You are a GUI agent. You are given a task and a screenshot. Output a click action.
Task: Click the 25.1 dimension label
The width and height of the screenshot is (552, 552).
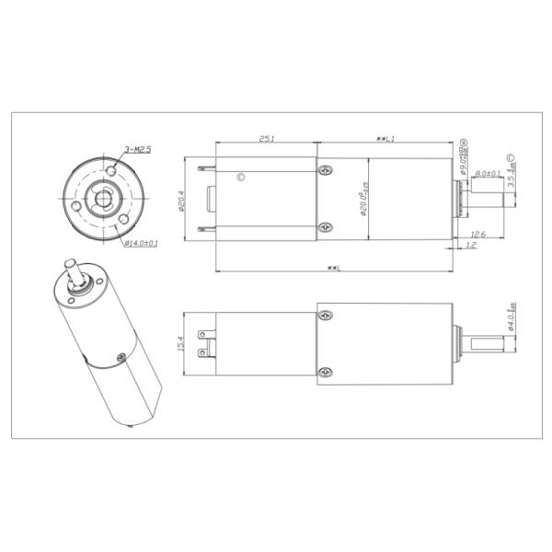point(266,139)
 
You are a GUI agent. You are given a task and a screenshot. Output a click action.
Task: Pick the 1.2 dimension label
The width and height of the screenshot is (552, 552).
point(472,247)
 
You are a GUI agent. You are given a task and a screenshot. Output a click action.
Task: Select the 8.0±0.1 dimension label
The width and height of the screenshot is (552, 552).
point(488,173)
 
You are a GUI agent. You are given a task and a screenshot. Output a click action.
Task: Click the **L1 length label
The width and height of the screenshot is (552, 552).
point(385,139)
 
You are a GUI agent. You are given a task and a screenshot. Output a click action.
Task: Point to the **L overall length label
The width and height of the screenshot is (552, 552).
point(334,268)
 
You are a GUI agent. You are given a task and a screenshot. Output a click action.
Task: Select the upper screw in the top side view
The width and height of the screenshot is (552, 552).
point(323,170)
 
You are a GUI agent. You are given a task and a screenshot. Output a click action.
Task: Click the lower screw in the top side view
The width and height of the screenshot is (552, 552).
point(323,227)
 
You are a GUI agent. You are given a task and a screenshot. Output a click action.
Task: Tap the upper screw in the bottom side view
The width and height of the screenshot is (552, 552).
point(323,314)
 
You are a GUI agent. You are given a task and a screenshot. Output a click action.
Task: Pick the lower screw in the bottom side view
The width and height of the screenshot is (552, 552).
point(323,371)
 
